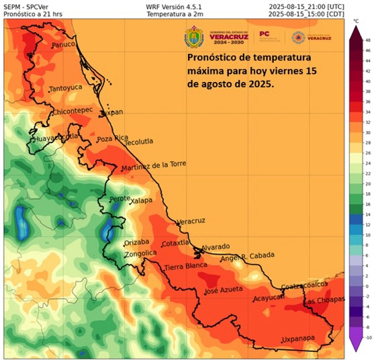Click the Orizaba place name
coord(138,242)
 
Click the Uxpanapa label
coord(299,339)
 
